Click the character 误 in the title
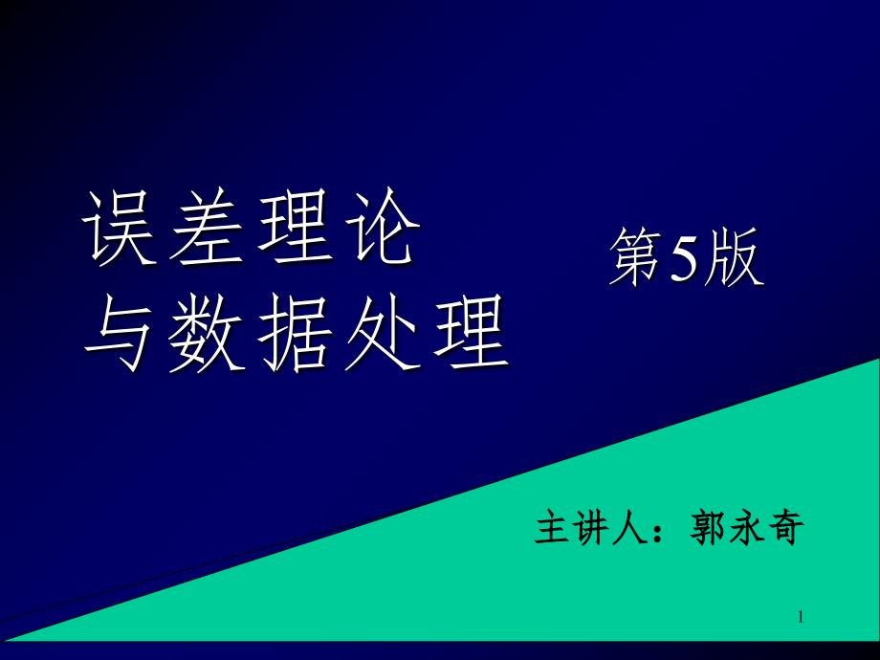click(119, 227)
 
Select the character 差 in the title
click(207, 227)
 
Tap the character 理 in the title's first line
click(294, 227)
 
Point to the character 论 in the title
click(383, 227)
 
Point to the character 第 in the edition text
click(636, 257)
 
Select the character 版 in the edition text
click(734, 257)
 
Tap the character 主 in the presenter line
click(553, 528)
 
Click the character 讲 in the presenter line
click(592, 528)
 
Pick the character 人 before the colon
click(630, 528)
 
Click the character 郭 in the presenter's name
click(709, 528)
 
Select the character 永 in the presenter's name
click(747, 528)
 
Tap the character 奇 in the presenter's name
click(785, 528)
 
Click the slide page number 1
click(801, 617)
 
